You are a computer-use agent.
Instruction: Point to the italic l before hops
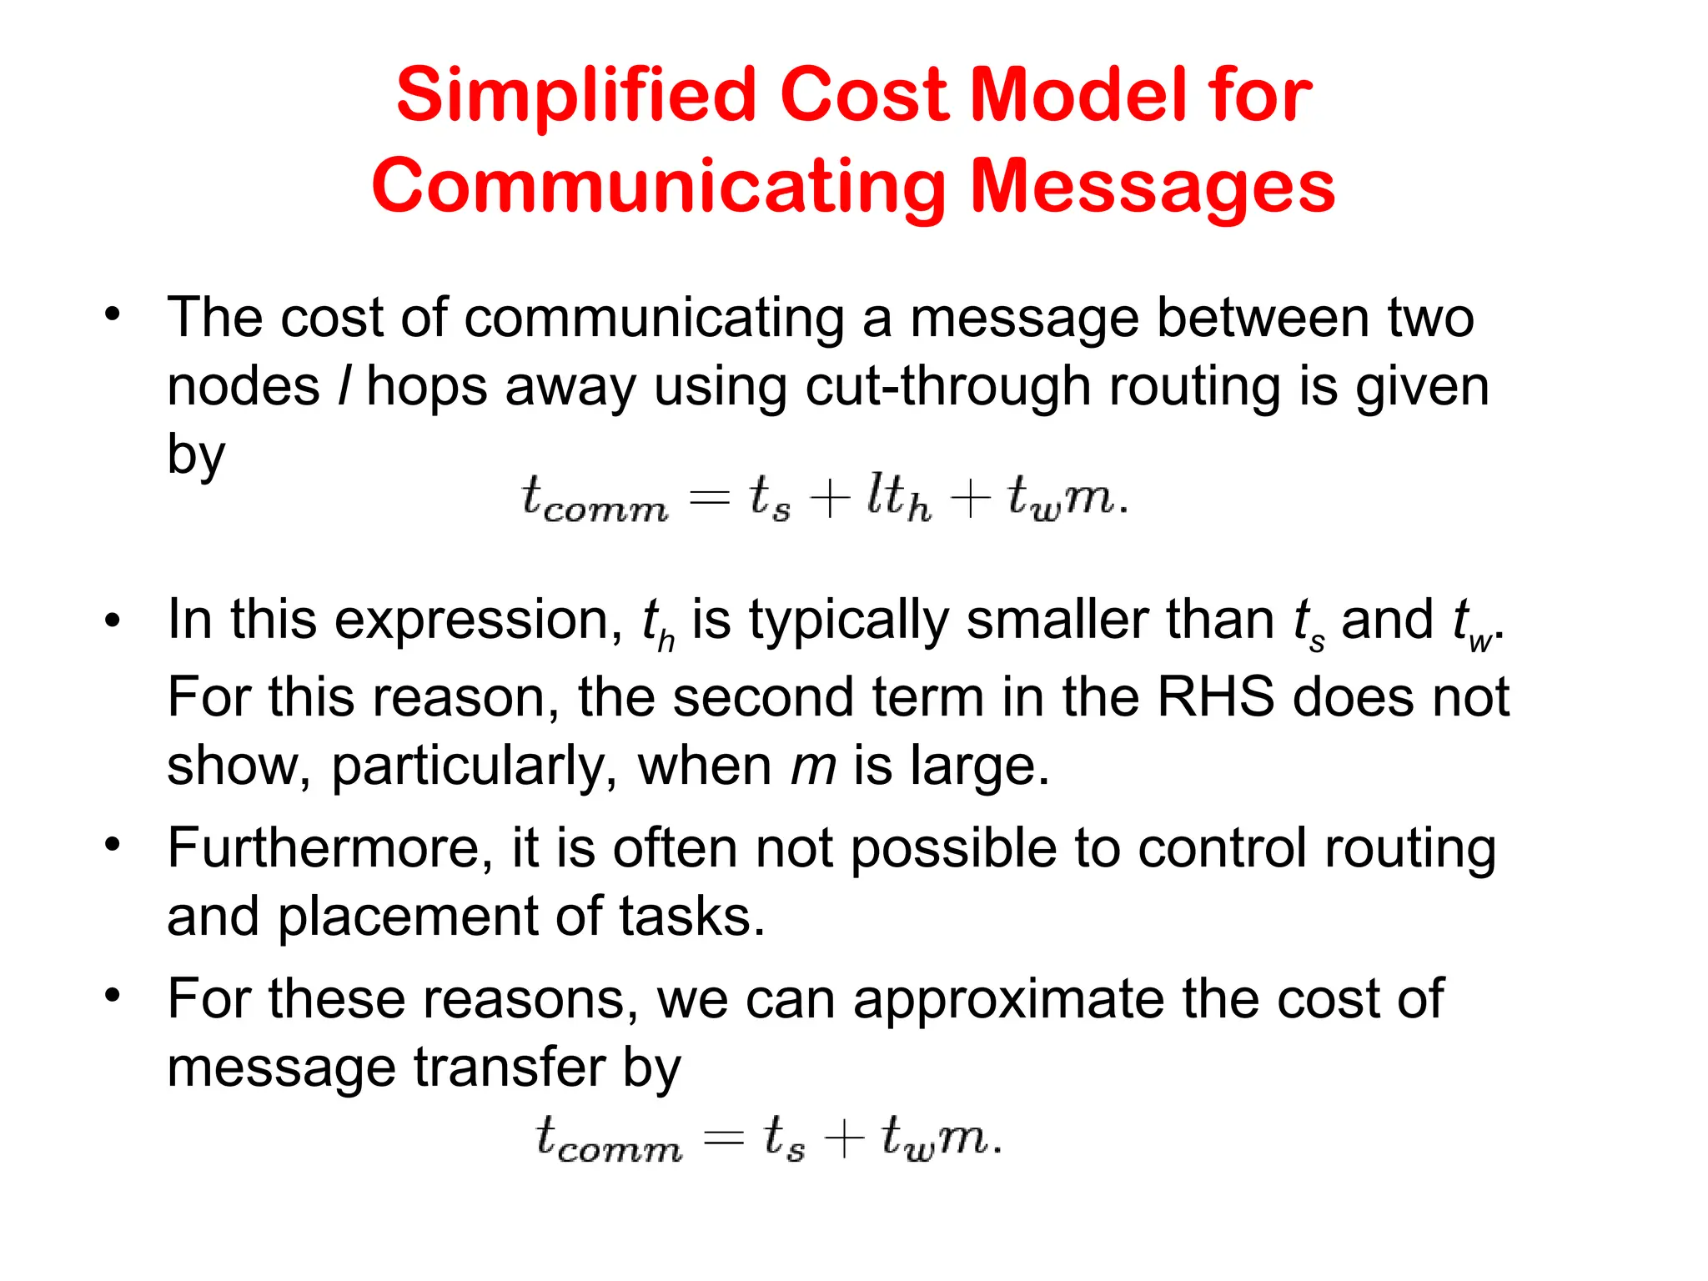click(344, 387)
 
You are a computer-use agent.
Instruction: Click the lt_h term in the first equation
click(897, 497)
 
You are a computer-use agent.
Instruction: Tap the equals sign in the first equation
click(710, 499)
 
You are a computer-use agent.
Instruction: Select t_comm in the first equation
click(595, 499)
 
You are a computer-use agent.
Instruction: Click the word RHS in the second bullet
click(1216, 697)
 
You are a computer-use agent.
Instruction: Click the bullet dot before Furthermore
click(113, 844)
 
